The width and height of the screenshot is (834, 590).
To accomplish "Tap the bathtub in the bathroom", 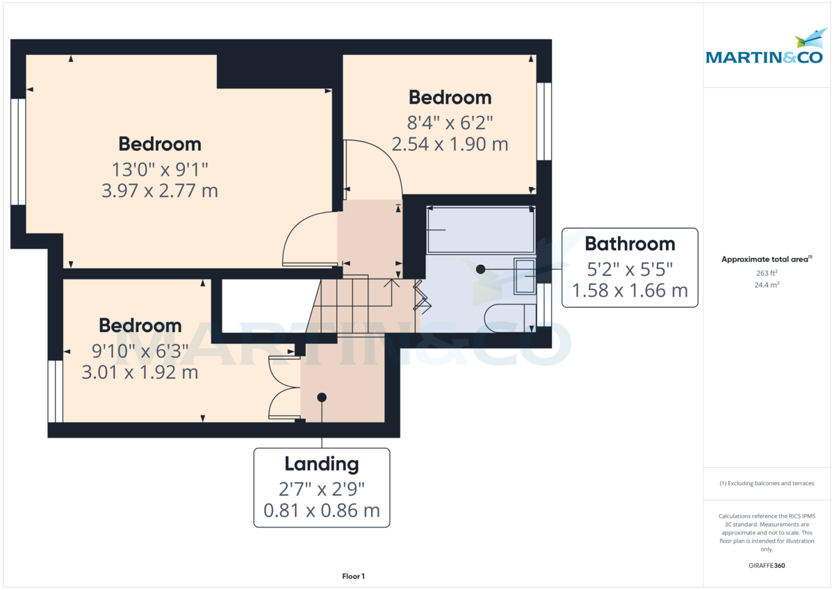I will click(x=480, y=230).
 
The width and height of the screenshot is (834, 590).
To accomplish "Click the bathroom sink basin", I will click(x=525, y=277).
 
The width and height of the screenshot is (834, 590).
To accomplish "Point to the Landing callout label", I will click(x=322, y=464).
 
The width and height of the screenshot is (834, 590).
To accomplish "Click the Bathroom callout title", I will click(x=630, y=243).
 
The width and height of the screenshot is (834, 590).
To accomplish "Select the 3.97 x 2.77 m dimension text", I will click(x=160, y=190).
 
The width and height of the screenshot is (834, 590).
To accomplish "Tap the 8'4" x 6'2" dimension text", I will click(x=450, y=122).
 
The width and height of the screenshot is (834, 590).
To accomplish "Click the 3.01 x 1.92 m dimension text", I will click(x=140, y=372).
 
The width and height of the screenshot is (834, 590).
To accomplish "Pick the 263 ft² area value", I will click(x=766, y=273).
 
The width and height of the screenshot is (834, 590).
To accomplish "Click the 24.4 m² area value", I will click(x=766, y=285).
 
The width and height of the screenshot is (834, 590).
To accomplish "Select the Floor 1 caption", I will click(x=353, y=576).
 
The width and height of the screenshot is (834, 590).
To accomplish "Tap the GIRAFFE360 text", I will click(x=766, y=566).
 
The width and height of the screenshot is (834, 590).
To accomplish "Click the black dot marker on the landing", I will click(x=322, y=398).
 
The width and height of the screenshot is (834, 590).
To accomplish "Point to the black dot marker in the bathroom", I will click(x=480, y=269).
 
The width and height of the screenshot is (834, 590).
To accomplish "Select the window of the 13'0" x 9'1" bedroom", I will click(x=18, y=151).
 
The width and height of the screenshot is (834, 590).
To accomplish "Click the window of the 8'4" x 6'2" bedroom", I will click(x=544, y=122).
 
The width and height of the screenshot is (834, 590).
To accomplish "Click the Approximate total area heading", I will click(x=766, y=259).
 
